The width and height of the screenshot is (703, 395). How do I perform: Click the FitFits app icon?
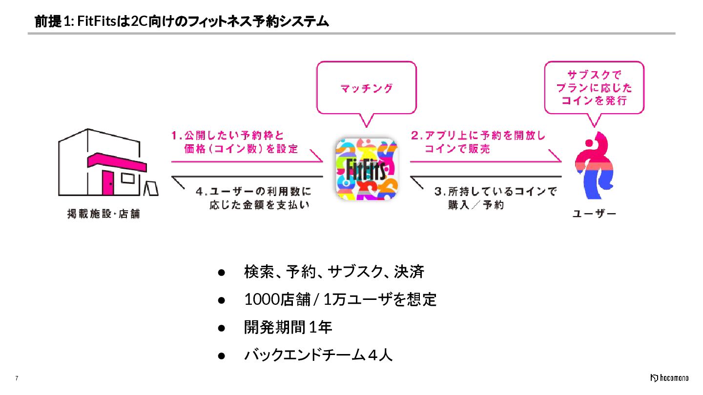pyautogui.click(x=367, y=169)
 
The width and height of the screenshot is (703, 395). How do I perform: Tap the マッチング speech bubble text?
pyautogui.click(x=366, y=88)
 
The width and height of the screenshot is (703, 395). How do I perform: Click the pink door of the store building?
pyautogui.click(x=108, y=182)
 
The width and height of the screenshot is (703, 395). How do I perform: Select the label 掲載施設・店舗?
pyautogui.click(x=103, y=214)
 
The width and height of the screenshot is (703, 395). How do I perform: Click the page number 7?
pyautogui.click(x=17, y=379)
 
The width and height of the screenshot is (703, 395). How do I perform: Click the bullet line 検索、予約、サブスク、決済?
pyautogui.click(x=334, y=272)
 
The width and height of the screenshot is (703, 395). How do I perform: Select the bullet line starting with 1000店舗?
pyautogui.click(x=340, y=299)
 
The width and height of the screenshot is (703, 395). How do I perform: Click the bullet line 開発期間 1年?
pyautogui.click(x=288, y=327)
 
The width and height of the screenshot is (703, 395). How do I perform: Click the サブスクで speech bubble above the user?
pyautogui.click(x=594, y=88)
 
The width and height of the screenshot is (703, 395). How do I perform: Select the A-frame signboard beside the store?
pyautogui.click(x=151, y=188)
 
